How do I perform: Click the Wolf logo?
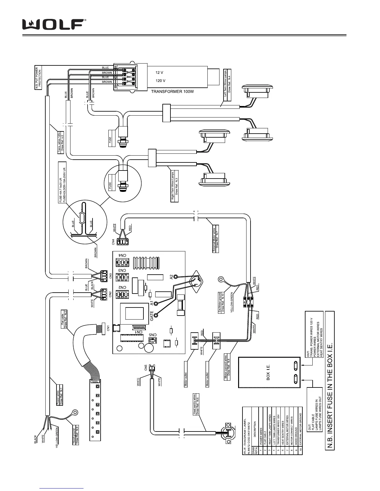(x=54, y=24)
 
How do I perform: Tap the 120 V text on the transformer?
(x=160, y=81)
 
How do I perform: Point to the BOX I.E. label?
(x=268, y=372)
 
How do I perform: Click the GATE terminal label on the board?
(x=152, y=316)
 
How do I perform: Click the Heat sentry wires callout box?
(x=196, y=404)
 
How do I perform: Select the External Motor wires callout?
(x=216, y=240)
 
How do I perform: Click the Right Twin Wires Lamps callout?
(x=175, y=186)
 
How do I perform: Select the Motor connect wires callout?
(x=227, y=365)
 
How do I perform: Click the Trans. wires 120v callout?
(x=61, y=143)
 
